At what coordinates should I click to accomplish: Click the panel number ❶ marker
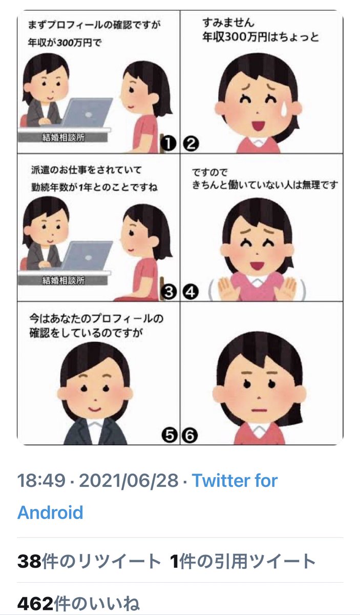pos(168,145)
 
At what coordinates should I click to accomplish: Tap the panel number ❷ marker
pos(190,145)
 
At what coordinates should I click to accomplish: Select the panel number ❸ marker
pos(168,292)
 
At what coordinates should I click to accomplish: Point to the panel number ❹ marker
pos(190,292)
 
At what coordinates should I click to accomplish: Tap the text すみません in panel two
pos(228,23)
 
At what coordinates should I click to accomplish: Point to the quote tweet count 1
pos(174,562)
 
